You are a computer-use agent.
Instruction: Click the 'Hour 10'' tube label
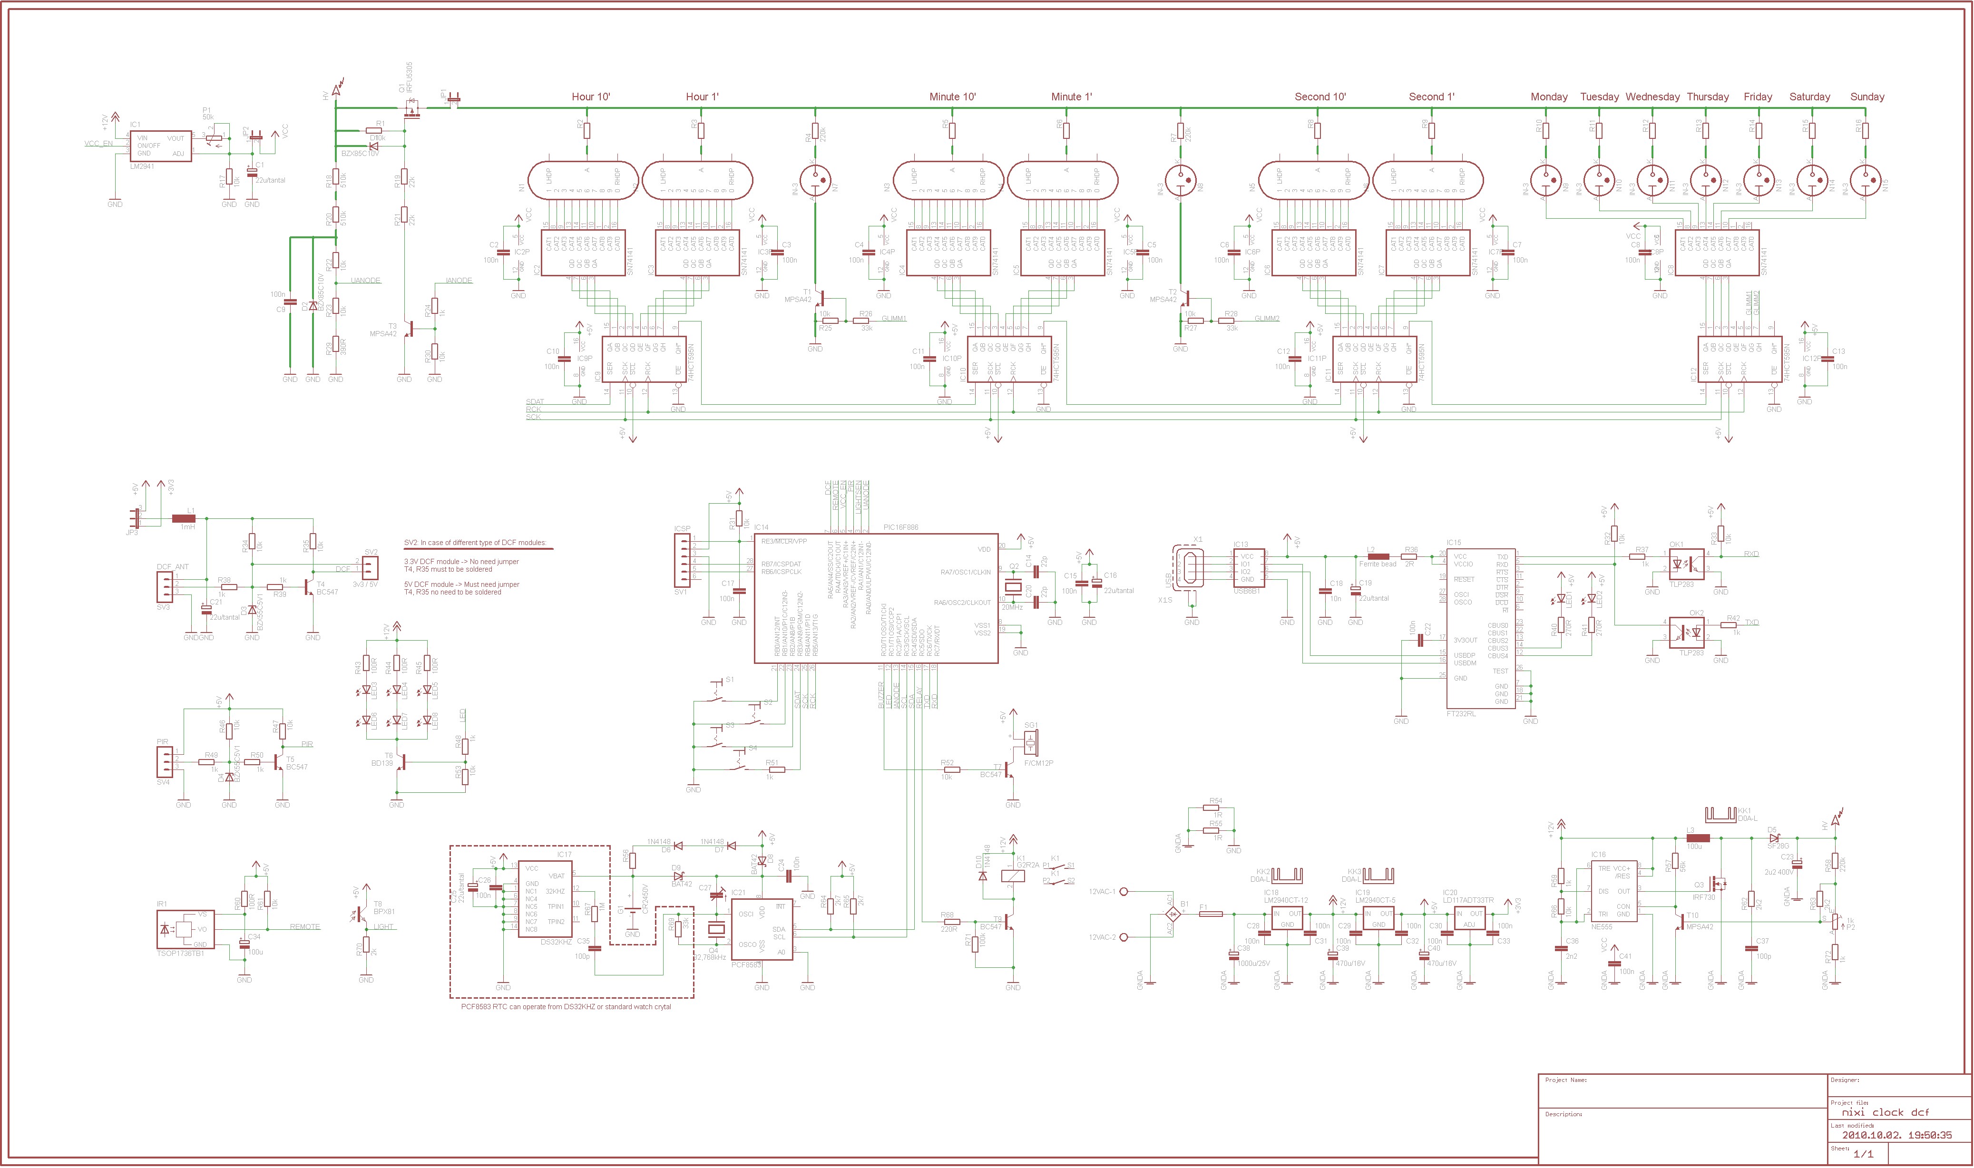click(x=590, y=97)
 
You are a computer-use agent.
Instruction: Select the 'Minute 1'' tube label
click(x=1071, y=97)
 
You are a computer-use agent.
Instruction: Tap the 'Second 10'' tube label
click(x=1320, y=97)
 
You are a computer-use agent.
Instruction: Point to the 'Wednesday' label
click(x=1652, y=97)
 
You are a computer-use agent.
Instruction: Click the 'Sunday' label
click(x=1867, y=97)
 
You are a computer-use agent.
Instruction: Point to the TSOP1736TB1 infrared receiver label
click(x=180, y=953)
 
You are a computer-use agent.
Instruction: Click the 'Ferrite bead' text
click(x=1378, y=564)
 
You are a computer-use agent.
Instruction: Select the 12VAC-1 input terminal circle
click(x=1124, y=892)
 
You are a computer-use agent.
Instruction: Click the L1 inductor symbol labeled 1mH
click(x=184, y=519)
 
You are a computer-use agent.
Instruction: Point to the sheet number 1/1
click(x=1863, y=1154)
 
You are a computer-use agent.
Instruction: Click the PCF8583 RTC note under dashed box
click(x=566, y=1007)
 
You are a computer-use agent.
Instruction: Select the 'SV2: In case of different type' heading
click(x=475, y=543)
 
